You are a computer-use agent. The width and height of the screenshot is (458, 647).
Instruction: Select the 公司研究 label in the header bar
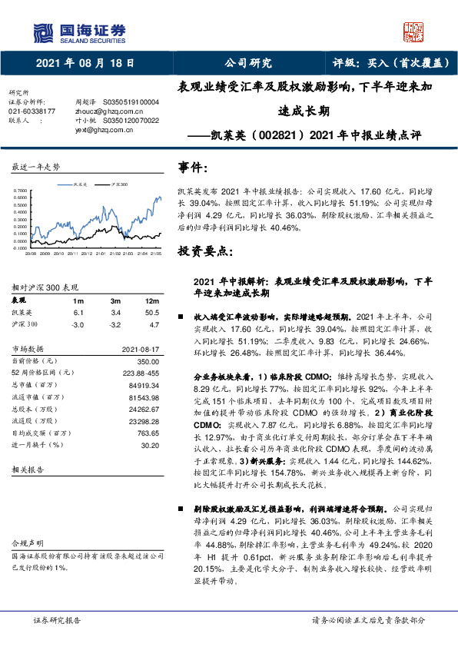point(247,63)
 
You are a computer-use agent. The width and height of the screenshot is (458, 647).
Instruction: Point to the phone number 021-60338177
point(32,111)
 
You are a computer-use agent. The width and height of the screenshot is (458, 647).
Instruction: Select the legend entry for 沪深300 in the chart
point(118,185)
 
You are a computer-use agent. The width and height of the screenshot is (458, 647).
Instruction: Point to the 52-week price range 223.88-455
point(137,372)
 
